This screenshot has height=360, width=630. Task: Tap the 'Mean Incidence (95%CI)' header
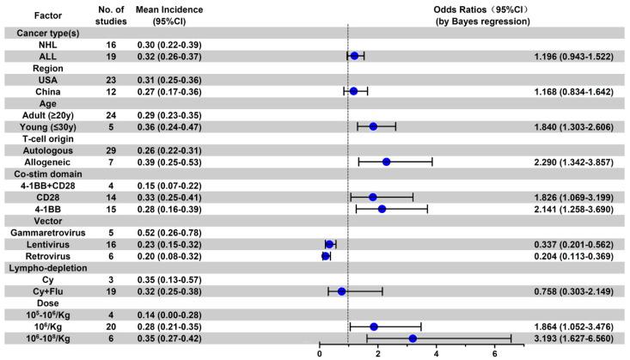(x=168, y=15)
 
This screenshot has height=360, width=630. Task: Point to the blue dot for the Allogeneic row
(x=387, y=162)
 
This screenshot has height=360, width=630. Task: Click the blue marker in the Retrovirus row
(x=326, y=255)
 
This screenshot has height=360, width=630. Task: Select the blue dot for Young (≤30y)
(x=373, y=126)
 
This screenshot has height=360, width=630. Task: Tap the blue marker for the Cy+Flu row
(x=342, y=291)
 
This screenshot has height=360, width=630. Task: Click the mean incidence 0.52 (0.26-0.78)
(x=168, y=232)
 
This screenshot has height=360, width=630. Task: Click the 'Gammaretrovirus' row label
(x=40, y=232)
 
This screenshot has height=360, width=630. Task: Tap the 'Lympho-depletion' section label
(x=40, y=267)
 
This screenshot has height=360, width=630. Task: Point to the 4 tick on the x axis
(x=437, y=352)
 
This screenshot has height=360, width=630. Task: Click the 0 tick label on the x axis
(x=320, y=352)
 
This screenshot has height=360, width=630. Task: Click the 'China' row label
(x=40, y=90)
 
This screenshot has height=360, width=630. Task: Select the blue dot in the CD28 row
(x=373, y=197)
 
